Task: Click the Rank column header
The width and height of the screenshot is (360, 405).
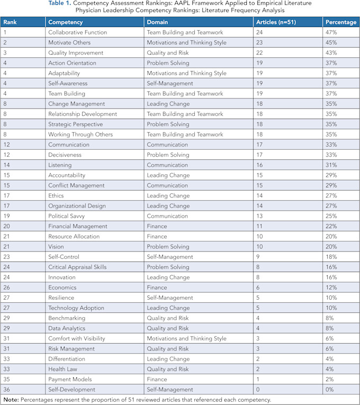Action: pos(10,22)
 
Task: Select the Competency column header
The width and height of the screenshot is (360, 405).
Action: pos(65,22)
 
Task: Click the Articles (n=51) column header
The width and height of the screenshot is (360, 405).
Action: pos(277,22)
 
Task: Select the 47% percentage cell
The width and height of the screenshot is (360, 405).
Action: pos(331,32)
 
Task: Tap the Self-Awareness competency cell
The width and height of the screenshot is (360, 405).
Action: pos(68,84)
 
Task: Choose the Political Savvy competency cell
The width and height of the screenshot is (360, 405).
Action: pos(66,216)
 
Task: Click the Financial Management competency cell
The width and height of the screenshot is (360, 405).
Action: pos(78,226)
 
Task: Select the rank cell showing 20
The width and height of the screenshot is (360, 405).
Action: pos(7,226)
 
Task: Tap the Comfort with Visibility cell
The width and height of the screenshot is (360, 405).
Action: pos(77,338)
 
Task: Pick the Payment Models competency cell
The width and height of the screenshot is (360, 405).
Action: pos(70,379)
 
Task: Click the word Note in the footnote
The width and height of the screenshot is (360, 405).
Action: pos(11,400)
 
